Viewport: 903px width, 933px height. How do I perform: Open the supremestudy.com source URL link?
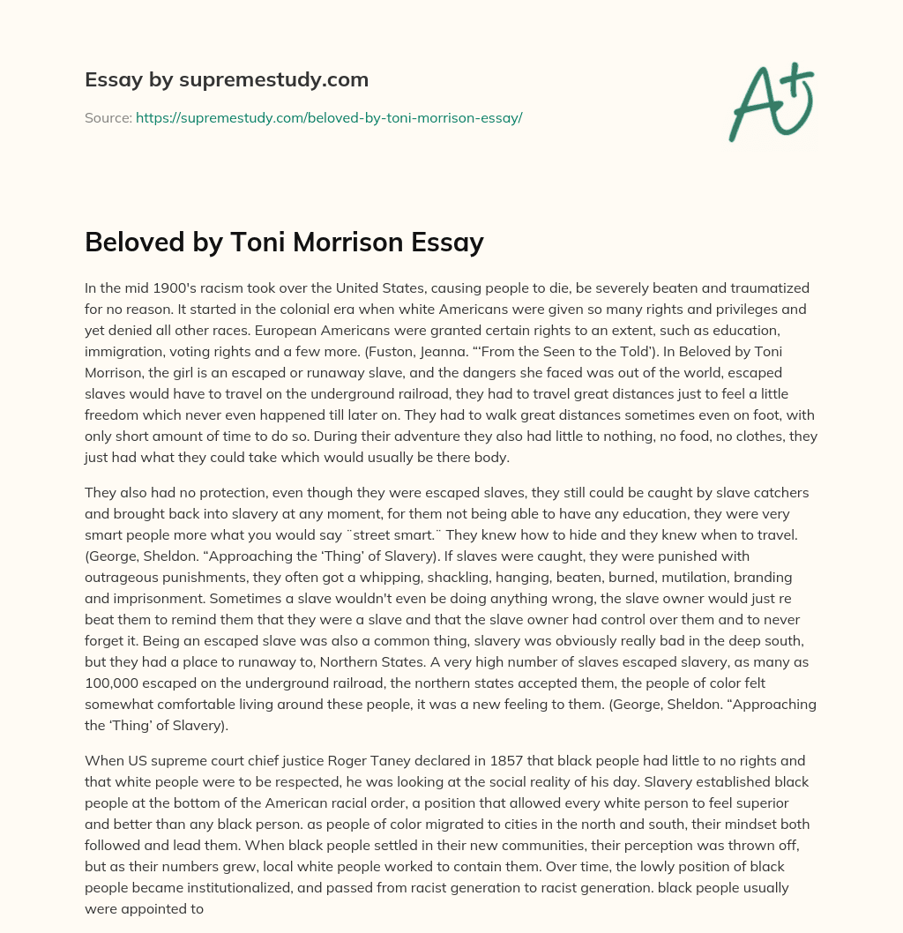point(329,117)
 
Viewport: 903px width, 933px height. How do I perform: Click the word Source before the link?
point(108,117)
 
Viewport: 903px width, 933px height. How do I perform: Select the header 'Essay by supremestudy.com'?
point(227,80)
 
